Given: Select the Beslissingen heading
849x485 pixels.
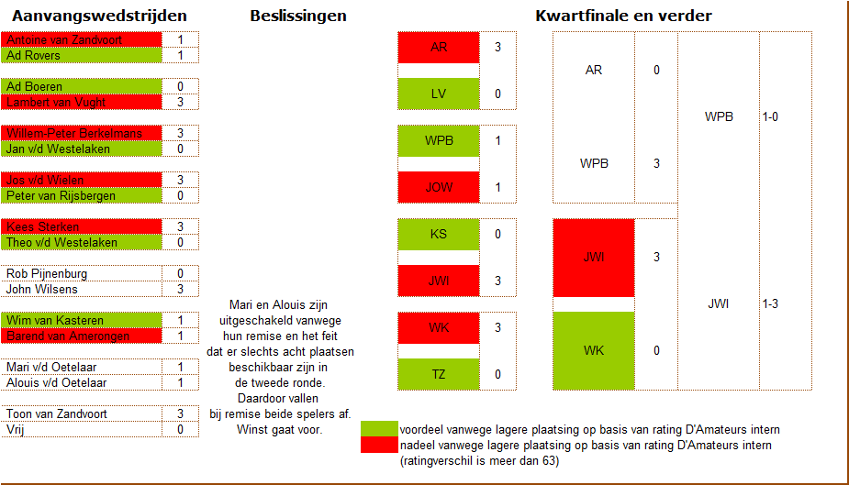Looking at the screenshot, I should click(298, 16).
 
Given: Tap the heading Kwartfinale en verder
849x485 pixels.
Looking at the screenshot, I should click(623, 16).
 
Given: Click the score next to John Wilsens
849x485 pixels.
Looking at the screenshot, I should click(180, 289).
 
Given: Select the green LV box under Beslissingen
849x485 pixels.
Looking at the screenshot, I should click(439, 94).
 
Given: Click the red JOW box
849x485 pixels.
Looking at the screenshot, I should click(439, 187).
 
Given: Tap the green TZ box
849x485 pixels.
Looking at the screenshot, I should click(439, 374).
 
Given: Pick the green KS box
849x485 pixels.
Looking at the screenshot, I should click(439, 234).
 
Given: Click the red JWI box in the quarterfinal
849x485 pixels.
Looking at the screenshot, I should click(594, 258).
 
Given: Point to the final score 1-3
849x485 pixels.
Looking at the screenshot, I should click(772, 304).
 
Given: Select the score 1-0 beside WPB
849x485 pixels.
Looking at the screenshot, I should click(772, 117).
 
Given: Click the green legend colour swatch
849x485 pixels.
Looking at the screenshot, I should click(379, 429).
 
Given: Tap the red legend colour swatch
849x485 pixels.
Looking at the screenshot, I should click(379, 445).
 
